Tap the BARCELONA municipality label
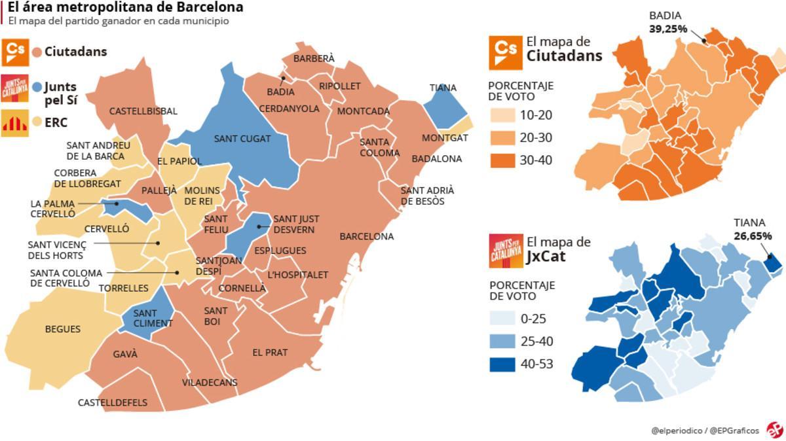point(366,236)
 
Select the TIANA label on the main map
point(443,88)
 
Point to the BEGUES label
point(62,329)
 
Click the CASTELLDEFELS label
point(112,402)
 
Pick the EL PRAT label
point(270,352)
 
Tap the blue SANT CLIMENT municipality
point(151,317)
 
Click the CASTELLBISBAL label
point(143,111)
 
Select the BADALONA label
point(436,159)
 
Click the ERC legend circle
point(37,122)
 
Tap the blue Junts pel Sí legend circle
point(37,86)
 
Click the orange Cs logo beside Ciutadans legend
point(14,52)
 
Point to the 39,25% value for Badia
point(667,29)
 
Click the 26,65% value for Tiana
point(752,236)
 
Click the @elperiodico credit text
point(677,430)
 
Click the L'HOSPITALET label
point(297,275)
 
